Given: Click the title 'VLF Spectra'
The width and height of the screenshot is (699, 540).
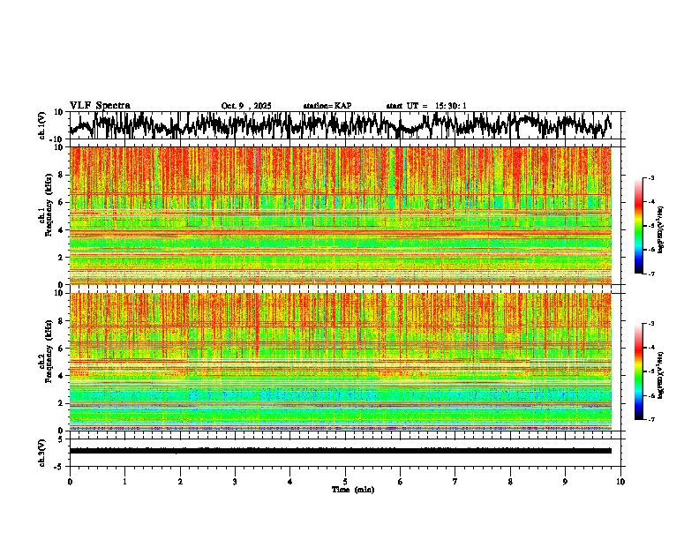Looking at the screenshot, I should point(100,105).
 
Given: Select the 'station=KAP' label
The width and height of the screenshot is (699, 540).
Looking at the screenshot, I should point(327,106).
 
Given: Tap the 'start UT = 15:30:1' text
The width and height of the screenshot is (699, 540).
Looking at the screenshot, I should point(425,106).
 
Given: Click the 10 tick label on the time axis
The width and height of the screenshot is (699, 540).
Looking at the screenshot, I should point(620,481).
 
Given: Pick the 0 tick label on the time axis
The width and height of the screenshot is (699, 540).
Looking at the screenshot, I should point(70,481).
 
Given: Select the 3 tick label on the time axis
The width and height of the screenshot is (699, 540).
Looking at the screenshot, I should point(235,481).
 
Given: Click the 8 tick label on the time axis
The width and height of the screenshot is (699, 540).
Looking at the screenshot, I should point(510,481).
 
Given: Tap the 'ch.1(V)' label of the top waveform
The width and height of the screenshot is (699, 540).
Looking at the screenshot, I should point(41,125).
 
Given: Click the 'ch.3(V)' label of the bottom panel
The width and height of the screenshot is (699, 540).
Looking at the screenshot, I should point(41,451).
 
